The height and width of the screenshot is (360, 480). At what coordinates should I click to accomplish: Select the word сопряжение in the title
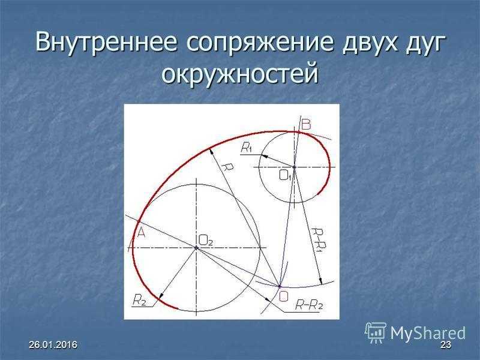pos(259,43)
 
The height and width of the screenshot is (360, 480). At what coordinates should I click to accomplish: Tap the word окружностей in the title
pos(240,73)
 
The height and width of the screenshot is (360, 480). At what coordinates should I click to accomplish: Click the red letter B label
pos(306,125)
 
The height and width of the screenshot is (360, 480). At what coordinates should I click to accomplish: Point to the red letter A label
pos(141,233)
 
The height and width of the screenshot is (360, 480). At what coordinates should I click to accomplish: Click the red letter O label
pos(283,296)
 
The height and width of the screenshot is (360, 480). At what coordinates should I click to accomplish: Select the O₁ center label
pos(286,175)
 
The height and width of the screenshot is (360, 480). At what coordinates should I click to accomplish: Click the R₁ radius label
pos(247,148)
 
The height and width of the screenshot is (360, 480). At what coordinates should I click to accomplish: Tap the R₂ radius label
pos(139,300)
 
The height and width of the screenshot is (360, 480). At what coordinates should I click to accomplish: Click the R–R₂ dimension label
pos(308,305)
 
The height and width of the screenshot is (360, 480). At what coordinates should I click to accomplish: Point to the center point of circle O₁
pos(294,167)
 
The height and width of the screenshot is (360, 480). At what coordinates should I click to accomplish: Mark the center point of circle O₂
pos(196,247)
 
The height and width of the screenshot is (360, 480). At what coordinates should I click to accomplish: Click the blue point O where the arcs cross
pos(279,287)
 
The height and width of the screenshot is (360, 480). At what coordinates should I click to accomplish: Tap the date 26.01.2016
pos(53,344)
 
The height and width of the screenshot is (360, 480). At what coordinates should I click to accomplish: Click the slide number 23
pos(446,344)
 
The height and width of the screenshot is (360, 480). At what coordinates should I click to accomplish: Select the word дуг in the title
pos(424,43)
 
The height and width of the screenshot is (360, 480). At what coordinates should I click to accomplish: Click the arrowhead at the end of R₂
pos(160,295)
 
